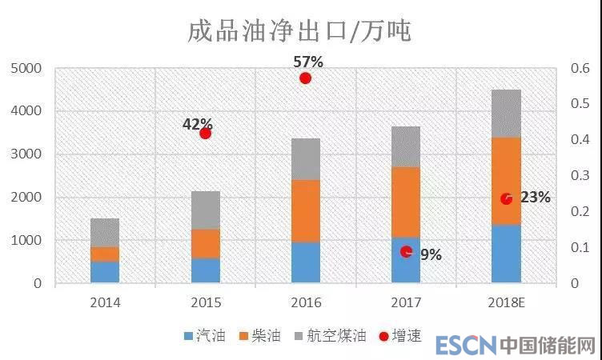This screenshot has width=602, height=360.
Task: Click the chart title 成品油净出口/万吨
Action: (x=299, y=31)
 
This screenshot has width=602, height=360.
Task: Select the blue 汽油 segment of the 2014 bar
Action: (x=105, y=272)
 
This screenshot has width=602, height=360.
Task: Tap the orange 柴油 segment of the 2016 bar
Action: (x=305, y=210)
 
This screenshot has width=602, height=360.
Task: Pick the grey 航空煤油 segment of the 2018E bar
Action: (x=506, y=114)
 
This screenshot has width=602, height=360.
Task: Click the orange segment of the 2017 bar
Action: (x=406, y=202)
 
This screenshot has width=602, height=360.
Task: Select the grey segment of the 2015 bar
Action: (x=205, y=210)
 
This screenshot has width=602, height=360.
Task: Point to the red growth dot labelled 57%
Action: (x=305, y=78)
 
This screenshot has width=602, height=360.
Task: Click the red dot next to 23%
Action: (x=506, y=198)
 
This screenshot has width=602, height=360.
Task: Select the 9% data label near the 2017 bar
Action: (x=431, y=255)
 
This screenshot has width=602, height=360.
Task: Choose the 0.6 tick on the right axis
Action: (x=580, y=69)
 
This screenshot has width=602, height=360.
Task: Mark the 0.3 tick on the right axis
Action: (x=580, y=176)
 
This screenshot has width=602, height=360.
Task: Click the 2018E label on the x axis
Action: (x=506, y=302)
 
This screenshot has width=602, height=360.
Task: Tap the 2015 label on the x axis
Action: (x=205, y=302)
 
